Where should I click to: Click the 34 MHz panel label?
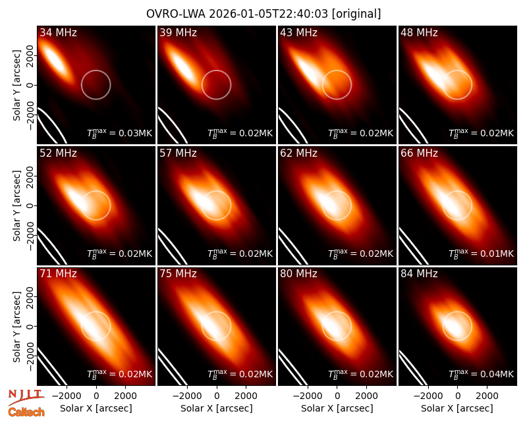click(x=58, y=32)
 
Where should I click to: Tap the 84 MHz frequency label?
click(x=419, y=274)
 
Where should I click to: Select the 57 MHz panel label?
click(x=178, y=153)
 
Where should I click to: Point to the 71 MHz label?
click(x=58, y=274)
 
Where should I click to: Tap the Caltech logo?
click(x=26, y=412)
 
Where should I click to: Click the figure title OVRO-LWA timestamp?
click(x=263, y=14)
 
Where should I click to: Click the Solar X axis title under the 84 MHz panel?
click(x=457, y=408)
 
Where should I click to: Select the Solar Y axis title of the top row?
click(x=16, y=85)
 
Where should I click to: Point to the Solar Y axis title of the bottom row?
click(x=16, y=326)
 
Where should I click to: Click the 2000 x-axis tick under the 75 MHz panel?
click(x=246, y=396)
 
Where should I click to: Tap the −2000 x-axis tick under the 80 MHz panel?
click(x=308, y=396)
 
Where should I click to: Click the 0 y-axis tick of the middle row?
click(x=30, y=205)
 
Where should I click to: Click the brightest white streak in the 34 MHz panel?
click(x=55, y=61)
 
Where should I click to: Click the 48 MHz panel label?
click(x=419, y=32)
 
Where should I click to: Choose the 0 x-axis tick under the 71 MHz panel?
click(x=96, y=396)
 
